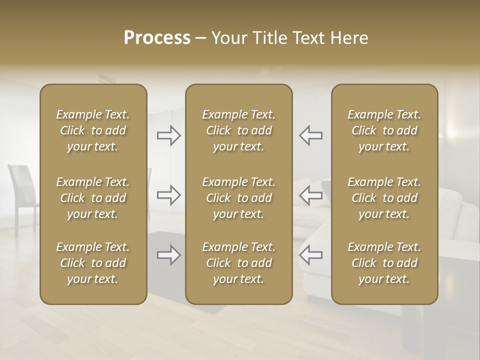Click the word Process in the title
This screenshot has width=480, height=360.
[x=157, y=38]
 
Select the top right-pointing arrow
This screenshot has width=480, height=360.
[x=169, y=135]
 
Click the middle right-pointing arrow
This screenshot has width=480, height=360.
[x=169, y=195]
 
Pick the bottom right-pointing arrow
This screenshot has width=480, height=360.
[x=169, y=255]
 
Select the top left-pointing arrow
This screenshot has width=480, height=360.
[x=311, y=135]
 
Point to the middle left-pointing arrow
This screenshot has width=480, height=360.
[x=311, y=195]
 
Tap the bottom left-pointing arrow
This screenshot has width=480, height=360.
[x=311, y=255]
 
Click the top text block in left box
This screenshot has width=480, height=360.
[x=93, y=130]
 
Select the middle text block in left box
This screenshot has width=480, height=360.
[x=93, y=198]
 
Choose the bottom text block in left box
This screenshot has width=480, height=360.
[x=93, y=263]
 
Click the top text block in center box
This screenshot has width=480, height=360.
[x=239, y=130]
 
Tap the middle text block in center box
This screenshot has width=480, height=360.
[x=239, y=198]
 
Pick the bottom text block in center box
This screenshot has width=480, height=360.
[x=239, y=263]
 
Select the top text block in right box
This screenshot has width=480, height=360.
[x=384, y=130]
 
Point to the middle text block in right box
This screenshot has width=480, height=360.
[x=384, y=198]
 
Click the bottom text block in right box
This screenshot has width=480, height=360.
[x=384, y=263]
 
